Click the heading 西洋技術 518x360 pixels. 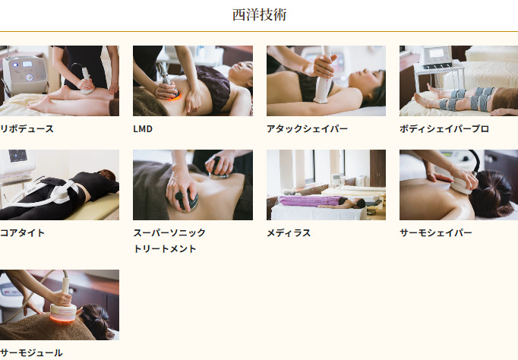point(259,15)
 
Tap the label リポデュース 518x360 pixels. point(27,129)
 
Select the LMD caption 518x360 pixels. point(143,129)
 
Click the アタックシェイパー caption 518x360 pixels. point(307,129)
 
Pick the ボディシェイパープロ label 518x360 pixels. point(444,129)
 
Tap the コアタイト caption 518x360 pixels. point(22,233)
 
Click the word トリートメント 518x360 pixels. point(165,248)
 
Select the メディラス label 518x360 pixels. point(289,233)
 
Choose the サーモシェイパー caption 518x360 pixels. point(436,233)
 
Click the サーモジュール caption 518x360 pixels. point(31,352)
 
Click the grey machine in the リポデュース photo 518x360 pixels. point(25,75)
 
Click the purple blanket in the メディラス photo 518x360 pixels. point(311,201)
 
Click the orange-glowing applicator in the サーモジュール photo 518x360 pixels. point(63,312)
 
